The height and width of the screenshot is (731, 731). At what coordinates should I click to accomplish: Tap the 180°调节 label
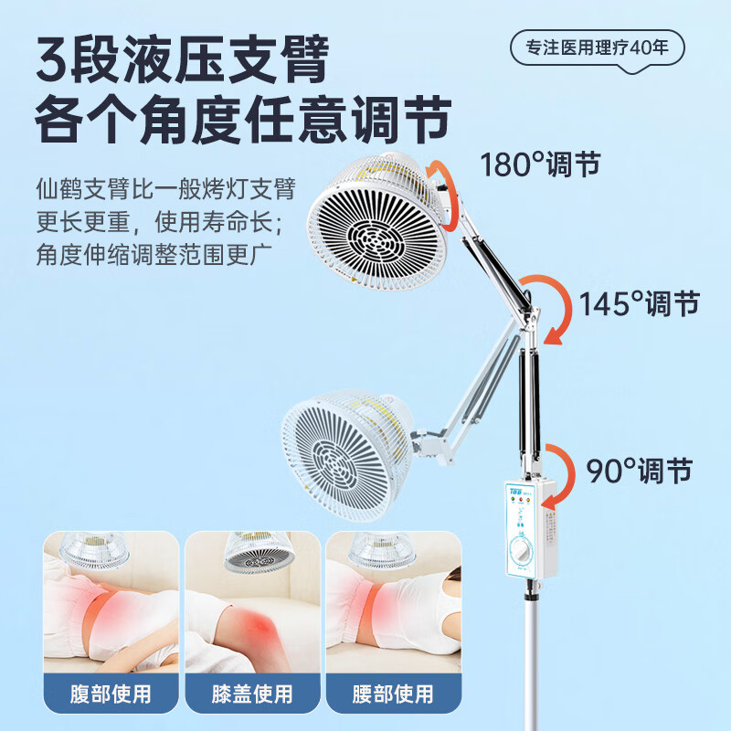click(540, 164)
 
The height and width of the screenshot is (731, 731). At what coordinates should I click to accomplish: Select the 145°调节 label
click(639, 302)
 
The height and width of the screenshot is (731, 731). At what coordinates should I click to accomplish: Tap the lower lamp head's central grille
click(339, 461)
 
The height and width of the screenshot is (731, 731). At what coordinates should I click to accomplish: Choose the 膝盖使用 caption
click(251, 694)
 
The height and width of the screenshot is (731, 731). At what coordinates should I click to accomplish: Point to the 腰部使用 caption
click(393, 694)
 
